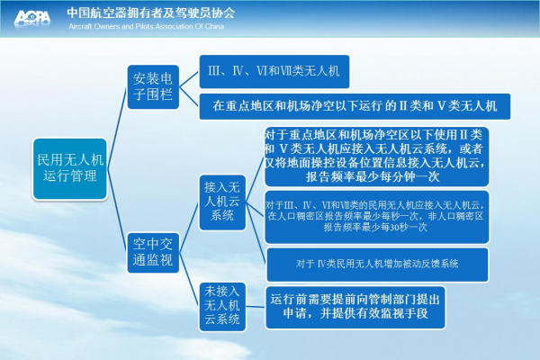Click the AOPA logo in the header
pos(32,18)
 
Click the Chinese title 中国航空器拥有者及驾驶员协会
pos(151,13)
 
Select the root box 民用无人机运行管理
pos(70,169)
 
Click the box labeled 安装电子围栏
pos(153,86)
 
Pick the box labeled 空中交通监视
pos(153,253)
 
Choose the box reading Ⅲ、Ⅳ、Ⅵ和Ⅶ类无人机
pos(274,71)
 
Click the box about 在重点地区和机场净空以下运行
pos(355,106)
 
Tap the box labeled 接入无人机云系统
pos(222,202)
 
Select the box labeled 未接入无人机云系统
pos(222,306)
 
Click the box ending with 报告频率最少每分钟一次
pos(376,157)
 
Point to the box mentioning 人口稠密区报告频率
pos(376,217)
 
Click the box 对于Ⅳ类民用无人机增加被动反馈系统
pos(377,265)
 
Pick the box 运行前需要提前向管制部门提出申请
pos(355,307)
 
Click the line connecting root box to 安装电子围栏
pos(117,128)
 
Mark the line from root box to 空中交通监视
pos(117,211)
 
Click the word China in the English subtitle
pos(214,26)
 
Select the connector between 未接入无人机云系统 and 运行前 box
pos(256,307)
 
